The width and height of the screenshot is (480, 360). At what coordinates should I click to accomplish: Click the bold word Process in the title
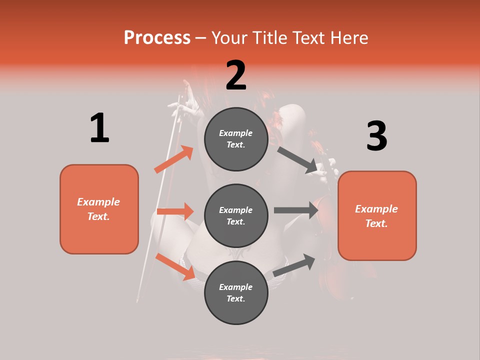[157, 38]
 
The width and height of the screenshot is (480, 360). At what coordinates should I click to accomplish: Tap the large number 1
[99, 128]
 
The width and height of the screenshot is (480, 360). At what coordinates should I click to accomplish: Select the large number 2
[236, 75]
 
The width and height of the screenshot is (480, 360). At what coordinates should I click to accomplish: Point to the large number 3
[376, 136]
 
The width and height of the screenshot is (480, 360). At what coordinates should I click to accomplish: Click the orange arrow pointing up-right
[173, 159]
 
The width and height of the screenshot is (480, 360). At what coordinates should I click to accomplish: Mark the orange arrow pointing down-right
[175, 266]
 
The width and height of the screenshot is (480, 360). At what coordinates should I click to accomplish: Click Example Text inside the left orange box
[98, 209]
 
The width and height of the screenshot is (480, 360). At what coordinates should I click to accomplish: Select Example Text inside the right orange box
[376, 216]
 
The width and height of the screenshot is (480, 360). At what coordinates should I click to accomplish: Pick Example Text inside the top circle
[236, 138]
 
